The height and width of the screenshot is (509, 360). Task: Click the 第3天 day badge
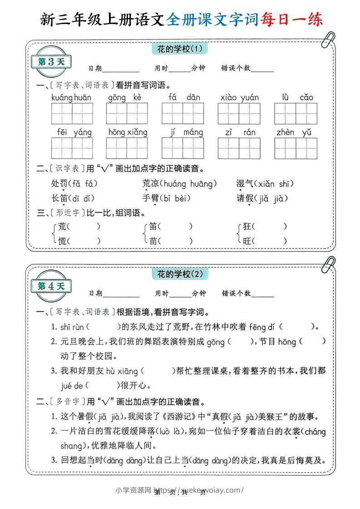click(x=51, y=62)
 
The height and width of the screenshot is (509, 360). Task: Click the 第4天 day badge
click(x=51, y=286)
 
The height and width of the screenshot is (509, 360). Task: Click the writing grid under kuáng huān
click(x=72, y=113)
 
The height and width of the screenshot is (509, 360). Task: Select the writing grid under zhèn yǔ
click(x=296, y=148)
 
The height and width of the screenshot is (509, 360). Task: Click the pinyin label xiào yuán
click(x=239, y=97)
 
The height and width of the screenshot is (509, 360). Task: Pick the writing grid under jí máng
click(x=183, y=148)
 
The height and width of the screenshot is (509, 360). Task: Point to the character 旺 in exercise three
click(x=247, y=241)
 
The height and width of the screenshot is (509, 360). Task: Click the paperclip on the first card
click(x=328, y=39)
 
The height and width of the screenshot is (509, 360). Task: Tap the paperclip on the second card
click(x=328, y=264)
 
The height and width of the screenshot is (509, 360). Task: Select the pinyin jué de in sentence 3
click(x=72, y=386)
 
